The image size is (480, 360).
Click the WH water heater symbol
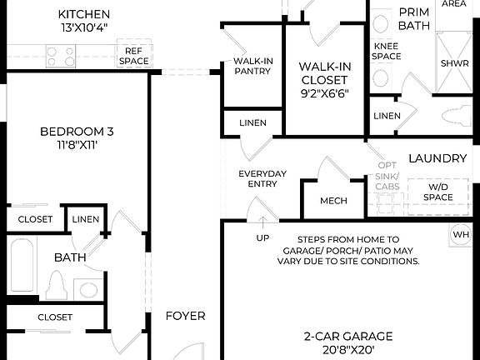pos(461,234)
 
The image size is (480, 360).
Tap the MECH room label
pos(333,201)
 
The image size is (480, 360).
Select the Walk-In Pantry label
pos(252,66)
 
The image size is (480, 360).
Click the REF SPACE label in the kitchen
pos(133,56)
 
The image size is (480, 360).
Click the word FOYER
pos(185,316)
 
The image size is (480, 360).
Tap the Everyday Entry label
pos(262,178)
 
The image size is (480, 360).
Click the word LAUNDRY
pos(437,158)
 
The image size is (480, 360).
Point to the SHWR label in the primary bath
pos(454,62)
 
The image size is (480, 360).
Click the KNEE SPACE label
pos(387,51)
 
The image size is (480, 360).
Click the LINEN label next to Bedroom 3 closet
pos(85,219)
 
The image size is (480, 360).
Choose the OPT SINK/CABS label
pos(387,175)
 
